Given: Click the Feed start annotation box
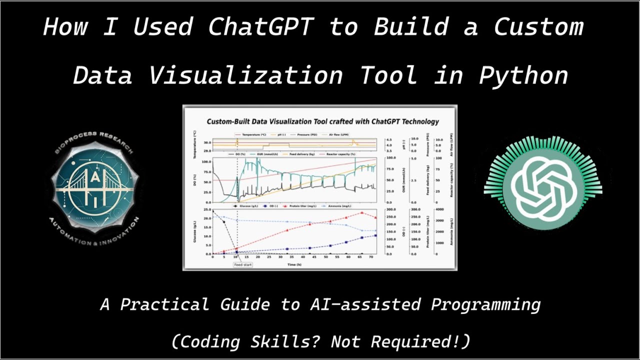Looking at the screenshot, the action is point(243,264).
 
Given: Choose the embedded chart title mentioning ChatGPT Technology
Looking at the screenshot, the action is point(322,121).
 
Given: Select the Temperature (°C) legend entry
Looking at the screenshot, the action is point(252,134).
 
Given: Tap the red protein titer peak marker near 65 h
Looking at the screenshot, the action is point(362,213).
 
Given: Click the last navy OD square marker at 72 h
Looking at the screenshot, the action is point(375,236).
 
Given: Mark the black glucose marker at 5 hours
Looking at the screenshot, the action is point(223,220).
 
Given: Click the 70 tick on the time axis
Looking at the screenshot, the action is point(371,257).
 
